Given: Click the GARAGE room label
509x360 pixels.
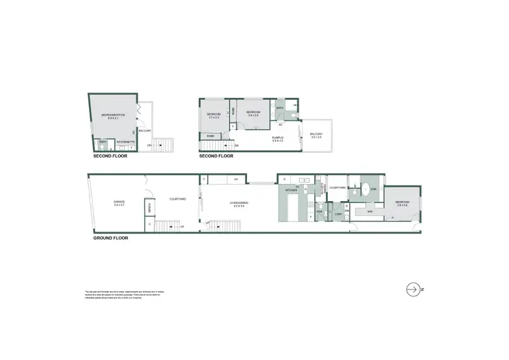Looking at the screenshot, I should pos(118,202).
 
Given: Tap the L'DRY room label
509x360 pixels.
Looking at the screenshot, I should pos(338,214).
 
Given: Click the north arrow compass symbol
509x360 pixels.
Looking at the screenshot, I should pos(413,289).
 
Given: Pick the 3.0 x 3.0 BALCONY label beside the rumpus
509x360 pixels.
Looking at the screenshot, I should pos(316,135).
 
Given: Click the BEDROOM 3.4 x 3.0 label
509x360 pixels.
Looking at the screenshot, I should pos(254,113).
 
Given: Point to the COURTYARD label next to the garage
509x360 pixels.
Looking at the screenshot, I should pos(178,198).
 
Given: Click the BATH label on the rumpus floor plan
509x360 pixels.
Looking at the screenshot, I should pos(280,108).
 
